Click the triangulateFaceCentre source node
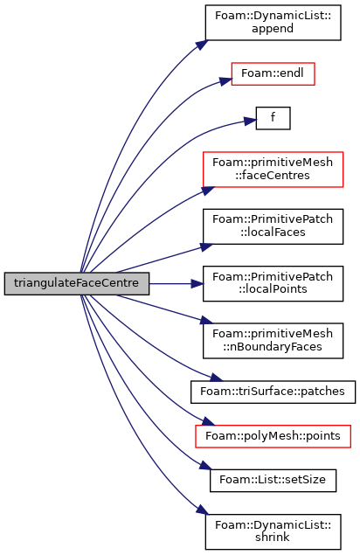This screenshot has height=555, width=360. pos(77,283)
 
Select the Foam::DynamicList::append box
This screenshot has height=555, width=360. pos(273,23)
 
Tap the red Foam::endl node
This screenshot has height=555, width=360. pos(273,73)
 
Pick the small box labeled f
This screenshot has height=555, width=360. pos(273,118)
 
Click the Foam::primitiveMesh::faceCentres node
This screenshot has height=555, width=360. pos(273,170)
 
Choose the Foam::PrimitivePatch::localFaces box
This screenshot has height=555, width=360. pos(273,226)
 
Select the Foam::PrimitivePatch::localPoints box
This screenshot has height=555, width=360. pos(273,283)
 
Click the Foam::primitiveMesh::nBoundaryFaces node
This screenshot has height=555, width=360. pos(273,341)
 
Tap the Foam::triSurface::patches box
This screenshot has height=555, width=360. pos(273,392)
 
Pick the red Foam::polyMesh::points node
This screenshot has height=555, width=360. pos(273,436)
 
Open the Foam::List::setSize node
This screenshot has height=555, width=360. pos(273,481)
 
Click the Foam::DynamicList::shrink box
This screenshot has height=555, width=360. pos(273,531)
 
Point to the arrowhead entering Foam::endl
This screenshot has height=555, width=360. pos(225,81)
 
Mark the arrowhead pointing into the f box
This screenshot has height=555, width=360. pos(250,121)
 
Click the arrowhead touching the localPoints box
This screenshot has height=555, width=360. pos(197,283)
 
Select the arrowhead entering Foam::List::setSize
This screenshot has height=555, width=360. pos(205,465)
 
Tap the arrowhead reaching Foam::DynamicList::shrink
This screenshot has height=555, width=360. pos(202,510)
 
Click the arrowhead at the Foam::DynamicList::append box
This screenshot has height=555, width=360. pos(202,45)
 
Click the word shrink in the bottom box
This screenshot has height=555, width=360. pos(273,538)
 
